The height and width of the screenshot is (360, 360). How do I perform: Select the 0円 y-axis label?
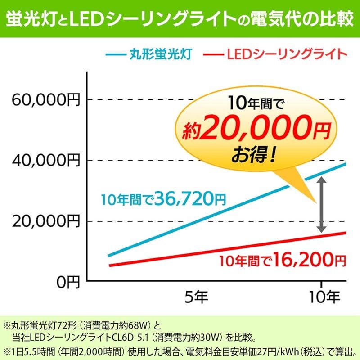[x=67, y=282]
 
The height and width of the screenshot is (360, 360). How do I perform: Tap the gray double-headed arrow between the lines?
[x=321, y=204]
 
